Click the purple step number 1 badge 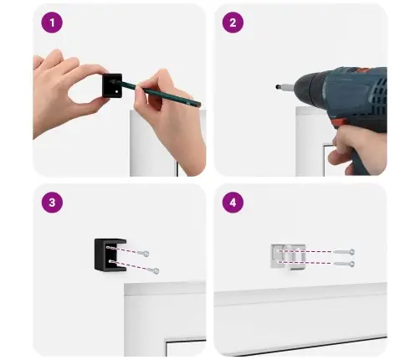[52, 23]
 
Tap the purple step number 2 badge [233, 23]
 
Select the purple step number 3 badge [52, 203]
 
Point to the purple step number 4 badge [233, 203]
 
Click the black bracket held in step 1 [112, 85]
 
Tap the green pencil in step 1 [156, 93]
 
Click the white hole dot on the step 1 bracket [117, 91]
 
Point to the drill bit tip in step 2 [277, 87]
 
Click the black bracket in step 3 [110, 255]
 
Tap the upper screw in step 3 [143, 253]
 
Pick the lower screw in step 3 [153, 270]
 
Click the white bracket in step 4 [289, 257]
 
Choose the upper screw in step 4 [344, 252]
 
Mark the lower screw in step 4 [344, 264]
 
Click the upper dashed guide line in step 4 [305, 251]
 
